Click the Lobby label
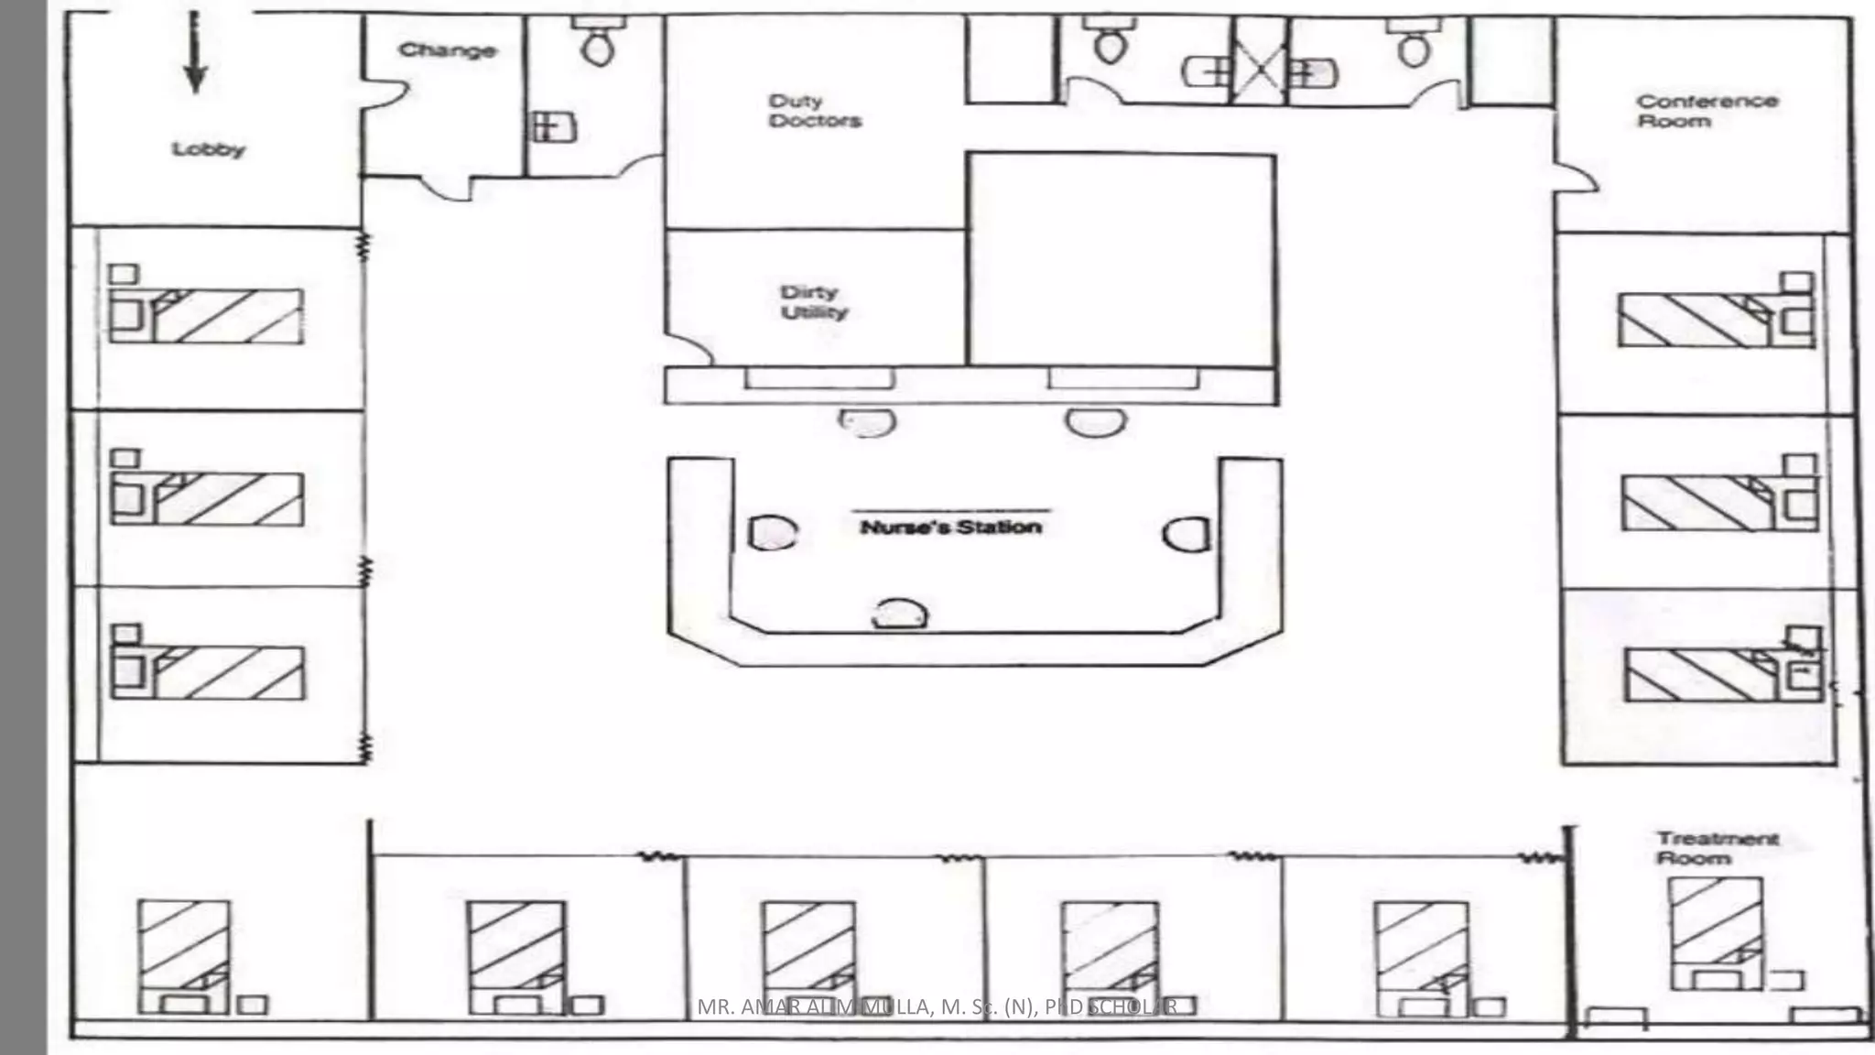[x=209, y=149]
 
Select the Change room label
[x=448, y=50]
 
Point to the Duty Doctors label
[x=815, y=111]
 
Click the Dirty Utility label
[x=814, y=302]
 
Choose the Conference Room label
[x=1707, y=111]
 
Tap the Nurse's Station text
[x=950, y=527]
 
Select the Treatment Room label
[x=1718, y=848]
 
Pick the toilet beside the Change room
[x=598, y=44]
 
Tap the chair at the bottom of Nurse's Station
[x=899, y=615]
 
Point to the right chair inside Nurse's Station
[x=1187, y=534]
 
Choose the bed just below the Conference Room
[x=1714, y=320]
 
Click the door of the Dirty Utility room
[x=688, y=348]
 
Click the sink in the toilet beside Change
[x=554, y=126]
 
